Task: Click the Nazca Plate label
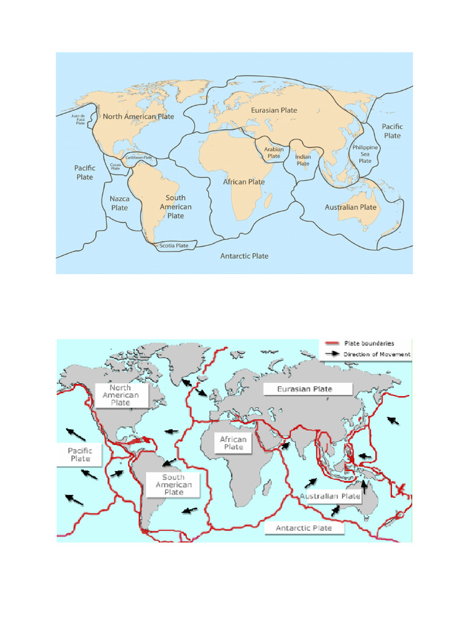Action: pyautogui.click(x=120, y=203)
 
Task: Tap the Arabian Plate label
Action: pyautogui.click(x=274, y=153)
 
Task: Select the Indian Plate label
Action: pyautogui.click(x=303, y=161)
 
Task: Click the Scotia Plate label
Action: pyautogui.click(x=173, y=246)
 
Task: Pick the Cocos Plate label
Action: pyautogui.click(x=115, y=165)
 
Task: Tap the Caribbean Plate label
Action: pyautogui.click(x=139, y=157)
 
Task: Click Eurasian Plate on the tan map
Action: pyautogui.click(x=274, y=110)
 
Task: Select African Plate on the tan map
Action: pyautogui.click(x=244, y=182)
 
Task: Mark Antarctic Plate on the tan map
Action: pyautogui.click(x=244, y=256)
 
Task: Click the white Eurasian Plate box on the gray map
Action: pyautogui.click(x=305, y=389)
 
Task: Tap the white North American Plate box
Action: pyautogui.click(x=120, y=395)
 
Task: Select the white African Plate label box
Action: pyautogui.click(x=233, y=443)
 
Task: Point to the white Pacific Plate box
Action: pyautogui.click(x=80, y=455)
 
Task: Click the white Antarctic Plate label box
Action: pyautogui.click(x=304, y=528)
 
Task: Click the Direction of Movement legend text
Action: pyautogui.click(x=377, y=354)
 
